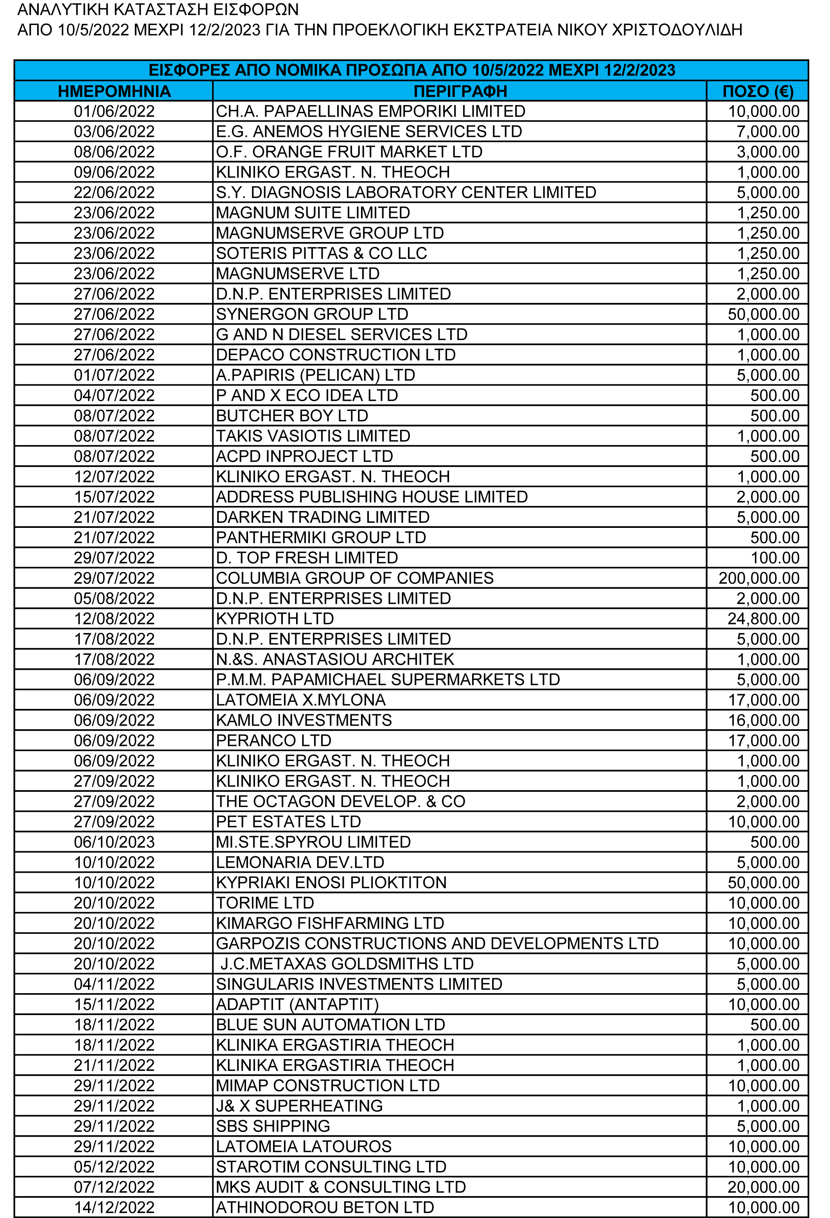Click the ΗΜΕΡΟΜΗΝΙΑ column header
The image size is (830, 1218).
point(114,91)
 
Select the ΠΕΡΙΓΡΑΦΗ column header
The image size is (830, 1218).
point(460,91)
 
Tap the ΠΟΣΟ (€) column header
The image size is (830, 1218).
point(757,91)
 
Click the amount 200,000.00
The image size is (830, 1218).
point(759,578)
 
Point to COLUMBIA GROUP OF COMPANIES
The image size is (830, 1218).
point(354,578)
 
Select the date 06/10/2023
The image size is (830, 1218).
point(114,842)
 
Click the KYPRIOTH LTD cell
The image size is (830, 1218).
point(275,619)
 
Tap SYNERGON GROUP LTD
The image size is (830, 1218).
point(312,314)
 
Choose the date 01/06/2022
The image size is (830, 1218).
point(114,111)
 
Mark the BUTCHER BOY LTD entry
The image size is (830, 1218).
point(292,416)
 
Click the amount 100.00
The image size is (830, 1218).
point(774,558)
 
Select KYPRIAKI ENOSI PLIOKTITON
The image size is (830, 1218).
point(331,883)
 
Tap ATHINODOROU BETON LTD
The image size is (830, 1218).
point(325,1207)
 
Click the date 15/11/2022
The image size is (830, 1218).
point(114,1004)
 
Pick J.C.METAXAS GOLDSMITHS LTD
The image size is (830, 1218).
point(347,964)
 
